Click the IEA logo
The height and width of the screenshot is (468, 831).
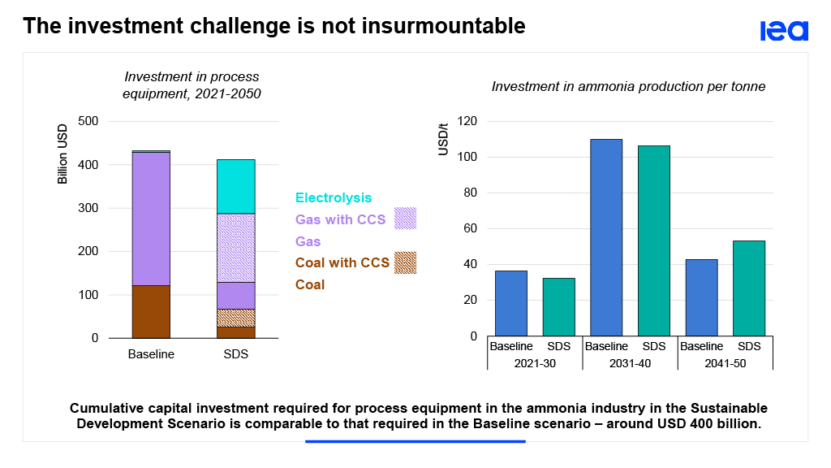pos(784,31)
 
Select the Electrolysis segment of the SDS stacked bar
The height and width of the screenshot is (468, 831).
pos(235,186)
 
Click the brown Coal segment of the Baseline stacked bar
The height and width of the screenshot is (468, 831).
pos(151,311)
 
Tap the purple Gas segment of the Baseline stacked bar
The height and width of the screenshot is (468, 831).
pos(151,219)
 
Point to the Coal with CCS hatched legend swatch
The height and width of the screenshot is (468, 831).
pos(405,262)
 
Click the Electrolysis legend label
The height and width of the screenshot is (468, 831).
pos(334,197)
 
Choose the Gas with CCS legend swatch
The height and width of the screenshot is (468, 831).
pos(405,219)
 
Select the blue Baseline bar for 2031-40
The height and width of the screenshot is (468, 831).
pos(606,237)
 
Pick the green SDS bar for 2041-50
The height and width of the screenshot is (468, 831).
pos(749,288)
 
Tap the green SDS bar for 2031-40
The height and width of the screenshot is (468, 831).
pos(654,240)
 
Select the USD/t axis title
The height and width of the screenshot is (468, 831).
pos(443,139)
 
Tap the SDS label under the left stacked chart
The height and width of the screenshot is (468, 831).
pos(235,354)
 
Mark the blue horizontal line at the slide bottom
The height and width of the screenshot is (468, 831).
pos(415,441)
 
